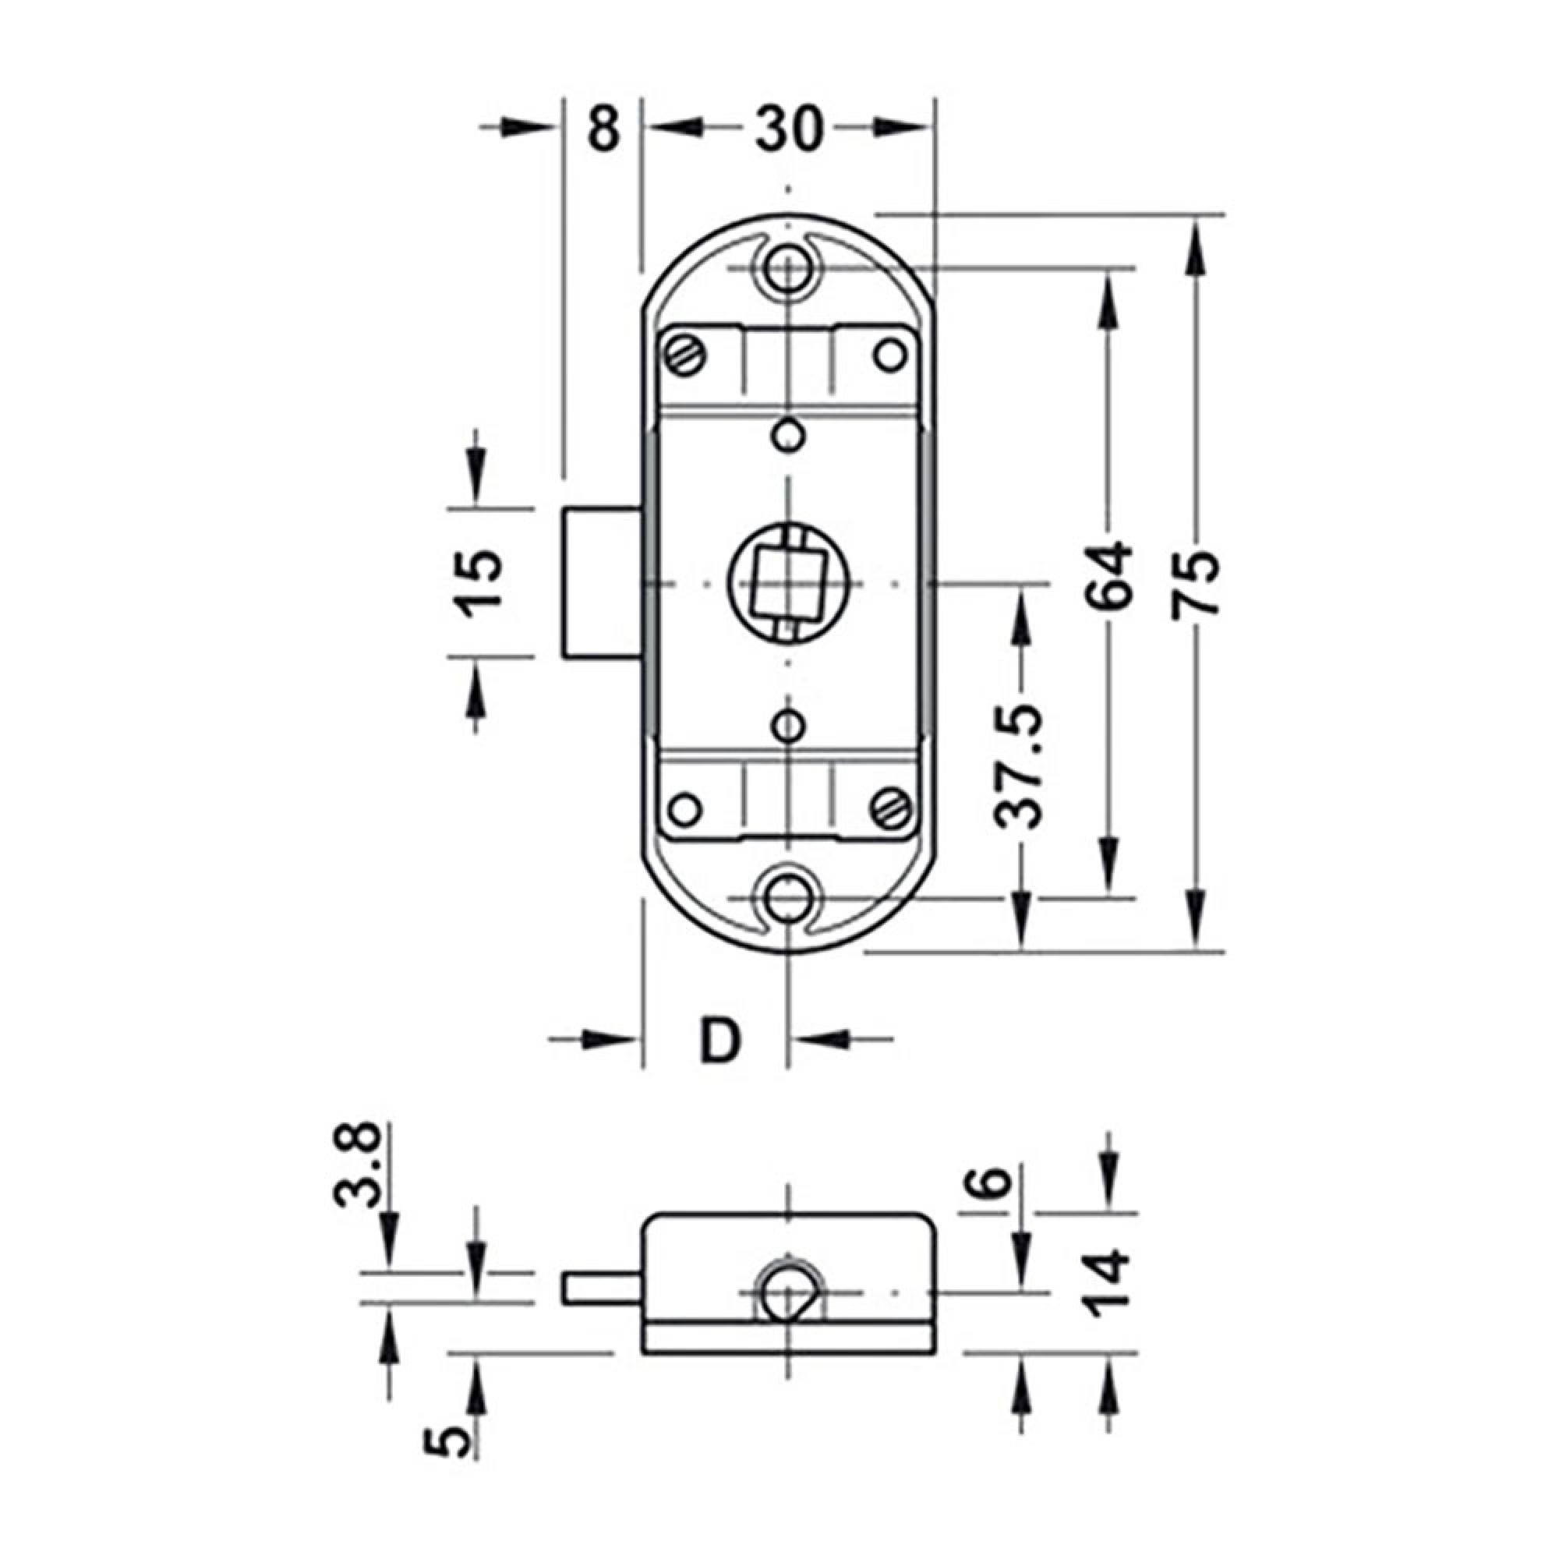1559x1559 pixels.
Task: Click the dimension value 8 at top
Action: (x=603, y=129)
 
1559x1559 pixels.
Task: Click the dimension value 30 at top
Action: (x=788, y=129)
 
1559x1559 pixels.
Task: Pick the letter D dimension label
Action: (x=719, y=1040)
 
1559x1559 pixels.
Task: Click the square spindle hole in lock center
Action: (x=787, y=582)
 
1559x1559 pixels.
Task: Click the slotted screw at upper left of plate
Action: (x=684, y=355)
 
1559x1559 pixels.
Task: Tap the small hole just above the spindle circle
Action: (x=787, y=437)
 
